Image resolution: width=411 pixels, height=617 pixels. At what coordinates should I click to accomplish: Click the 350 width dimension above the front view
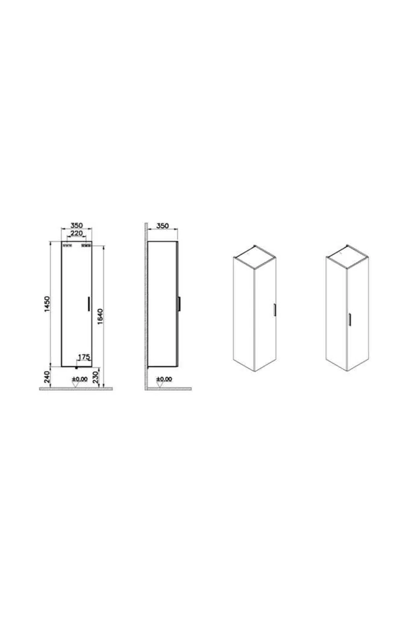coord(77,225)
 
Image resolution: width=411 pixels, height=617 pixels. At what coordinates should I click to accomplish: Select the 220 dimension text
coord(77,233)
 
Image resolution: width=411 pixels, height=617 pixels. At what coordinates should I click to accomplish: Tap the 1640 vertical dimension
coord(100,317)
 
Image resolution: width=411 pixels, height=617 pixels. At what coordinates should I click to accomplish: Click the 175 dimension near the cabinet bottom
coord(84,357)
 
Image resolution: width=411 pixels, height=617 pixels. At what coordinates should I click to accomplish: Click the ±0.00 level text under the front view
coord(79,380)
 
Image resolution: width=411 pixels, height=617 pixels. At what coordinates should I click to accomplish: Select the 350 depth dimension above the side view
coord(163,226)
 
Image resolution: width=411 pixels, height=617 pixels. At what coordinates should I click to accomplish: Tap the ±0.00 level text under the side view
coord(164,380)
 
